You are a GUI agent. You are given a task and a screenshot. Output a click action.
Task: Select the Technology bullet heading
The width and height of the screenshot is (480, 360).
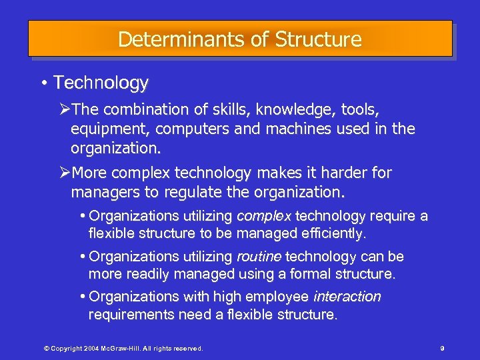[101, 83]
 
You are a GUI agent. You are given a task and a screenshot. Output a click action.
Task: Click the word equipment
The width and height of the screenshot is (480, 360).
[107, 128]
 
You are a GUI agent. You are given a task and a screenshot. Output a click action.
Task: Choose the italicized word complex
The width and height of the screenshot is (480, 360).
[264, 216]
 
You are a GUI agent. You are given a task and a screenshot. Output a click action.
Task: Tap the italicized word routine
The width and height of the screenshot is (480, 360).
[259, 257]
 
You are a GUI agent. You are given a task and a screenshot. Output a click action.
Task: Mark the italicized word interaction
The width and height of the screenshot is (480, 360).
[347, 297]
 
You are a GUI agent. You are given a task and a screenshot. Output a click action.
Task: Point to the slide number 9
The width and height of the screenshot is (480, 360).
[442, 348]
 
